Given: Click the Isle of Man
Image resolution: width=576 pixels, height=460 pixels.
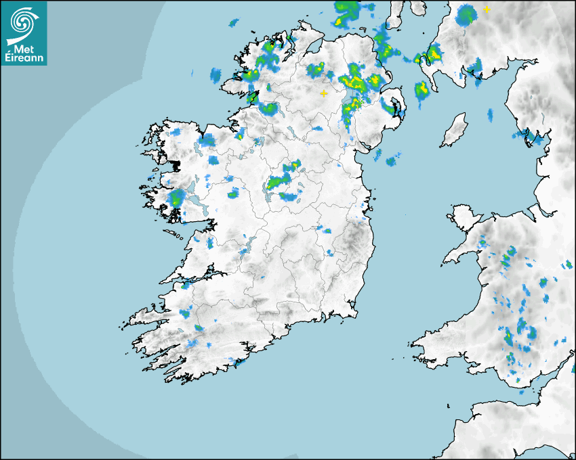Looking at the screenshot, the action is point(454,130).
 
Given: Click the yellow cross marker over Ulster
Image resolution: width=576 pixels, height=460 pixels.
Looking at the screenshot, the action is point(324,93).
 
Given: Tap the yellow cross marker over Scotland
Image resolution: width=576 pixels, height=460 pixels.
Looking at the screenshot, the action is point(486,9).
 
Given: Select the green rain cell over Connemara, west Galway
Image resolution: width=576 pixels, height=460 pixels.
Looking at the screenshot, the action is point(176,198).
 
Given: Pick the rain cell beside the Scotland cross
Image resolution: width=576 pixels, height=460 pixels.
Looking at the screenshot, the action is point(466,14).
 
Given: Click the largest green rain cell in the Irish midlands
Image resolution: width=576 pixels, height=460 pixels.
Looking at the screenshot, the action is point(278,182).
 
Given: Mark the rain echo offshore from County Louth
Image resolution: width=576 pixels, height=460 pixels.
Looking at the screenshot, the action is point(392,161).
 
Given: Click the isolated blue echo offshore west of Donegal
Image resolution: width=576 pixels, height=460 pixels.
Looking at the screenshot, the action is point(216,74).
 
